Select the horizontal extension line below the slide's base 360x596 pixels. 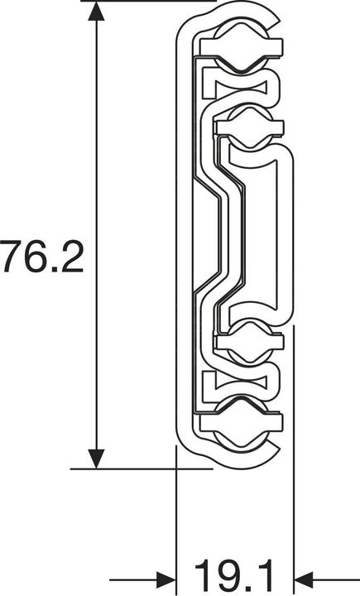point(141,469)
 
